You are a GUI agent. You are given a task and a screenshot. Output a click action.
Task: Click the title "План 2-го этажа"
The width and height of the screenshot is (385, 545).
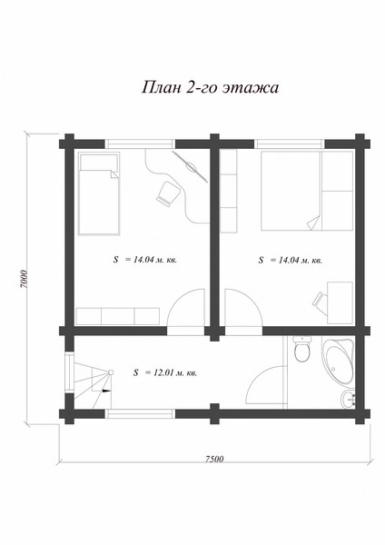210,87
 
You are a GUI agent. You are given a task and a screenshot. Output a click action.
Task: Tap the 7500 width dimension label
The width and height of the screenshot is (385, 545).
214,459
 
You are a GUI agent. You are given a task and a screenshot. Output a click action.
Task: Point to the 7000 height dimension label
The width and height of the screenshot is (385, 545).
24,279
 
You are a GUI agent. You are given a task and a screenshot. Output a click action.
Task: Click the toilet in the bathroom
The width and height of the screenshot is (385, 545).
301,350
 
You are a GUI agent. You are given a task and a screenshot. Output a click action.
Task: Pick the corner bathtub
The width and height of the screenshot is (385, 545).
338,362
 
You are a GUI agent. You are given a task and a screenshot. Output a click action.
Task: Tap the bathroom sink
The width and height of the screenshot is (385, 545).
348,400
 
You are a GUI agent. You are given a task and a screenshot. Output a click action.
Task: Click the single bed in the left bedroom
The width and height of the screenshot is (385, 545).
99,193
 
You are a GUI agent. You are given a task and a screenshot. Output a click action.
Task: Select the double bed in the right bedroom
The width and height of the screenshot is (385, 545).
307,191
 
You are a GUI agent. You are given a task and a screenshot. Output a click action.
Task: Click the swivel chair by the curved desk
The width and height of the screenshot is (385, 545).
169,193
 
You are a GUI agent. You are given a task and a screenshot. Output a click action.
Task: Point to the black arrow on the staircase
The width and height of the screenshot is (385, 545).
106,391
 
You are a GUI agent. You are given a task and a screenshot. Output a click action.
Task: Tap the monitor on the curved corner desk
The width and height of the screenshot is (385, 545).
190,166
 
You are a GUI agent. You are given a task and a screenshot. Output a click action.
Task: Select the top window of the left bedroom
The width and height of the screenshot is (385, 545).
140,144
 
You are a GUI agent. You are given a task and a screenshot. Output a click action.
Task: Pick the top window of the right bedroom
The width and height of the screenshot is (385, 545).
290,144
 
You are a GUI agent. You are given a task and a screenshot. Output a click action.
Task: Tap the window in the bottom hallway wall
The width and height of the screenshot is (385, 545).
140,413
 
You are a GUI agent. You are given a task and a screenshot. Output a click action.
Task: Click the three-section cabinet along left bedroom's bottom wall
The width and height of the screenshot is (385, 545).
118,316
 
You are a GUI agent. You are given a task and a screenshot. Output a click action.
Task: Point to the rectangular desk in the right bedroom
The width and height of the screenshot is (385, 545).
340,302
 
